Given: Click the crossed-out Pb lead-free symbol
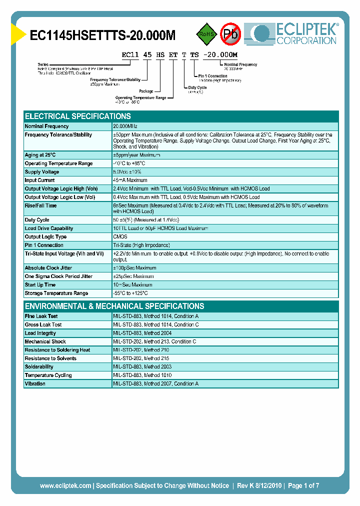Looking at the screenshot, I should (230, 34).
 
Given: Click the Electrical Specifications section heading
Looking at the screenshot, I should (78, 116).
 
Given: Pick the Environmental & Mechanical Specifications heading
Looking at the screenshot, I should (114, 306).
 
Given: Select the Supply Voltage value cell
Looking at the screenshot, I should (131, 172).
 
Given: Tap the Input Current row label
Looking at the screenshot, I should (40, 180).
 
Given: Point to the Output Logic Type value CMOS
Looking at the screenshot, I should (120, 237).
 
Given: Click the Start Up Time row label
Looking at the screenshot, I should (40, 285).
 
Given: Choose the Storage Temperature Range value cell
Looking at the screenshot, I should (130, 293).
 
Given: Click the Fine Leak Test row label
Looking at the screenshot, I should (41, 316).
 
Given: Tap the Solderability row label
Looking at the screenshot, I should (39, 367).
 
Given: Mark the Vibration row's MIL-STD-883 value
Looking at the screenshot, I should (155, 384).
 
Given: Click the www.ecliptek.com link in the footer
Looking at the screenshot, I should (65, 485).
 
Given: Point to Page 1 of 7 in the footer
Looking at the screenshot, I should (303, 485).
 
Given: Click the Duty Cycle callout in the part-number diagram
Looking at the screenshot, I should (197, 87).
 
